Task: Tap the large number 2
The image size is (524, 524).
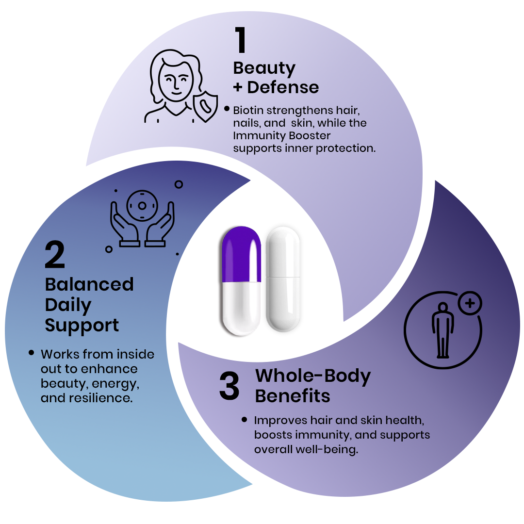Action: pyautogui.click(x=54, y=255)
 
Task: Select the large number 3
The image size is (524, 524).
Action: pyautogui.click(x=229, y=387)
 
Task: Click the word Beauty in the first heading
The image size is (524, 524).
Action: pyautogui.click(x=264, y=68)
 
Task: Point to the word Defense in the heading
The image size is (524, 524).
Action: pyautogui.click(x=283, y=87)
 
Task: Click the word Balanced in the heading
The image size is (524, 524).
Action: pyautogui.click(x=89, y=284)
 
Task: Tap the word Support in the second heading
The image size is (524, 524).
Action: pyautogui.click(x=82, y=326)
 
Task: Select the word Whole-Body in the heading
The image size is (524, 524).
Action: pyautogui.click(x=313, y=376)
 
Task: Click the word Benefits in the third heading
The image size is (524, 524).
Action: pyautogui.click(x=293, y=396)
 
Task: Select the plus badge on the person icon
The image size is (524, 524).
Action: pyautogui.click(x=469, y=304)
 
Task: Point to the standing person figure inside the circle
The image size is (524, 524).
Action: pyautogui.click(x=443, y=330)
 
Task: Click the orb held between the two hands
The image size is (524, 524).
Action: pyautogui.click(x=142, y=206)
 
